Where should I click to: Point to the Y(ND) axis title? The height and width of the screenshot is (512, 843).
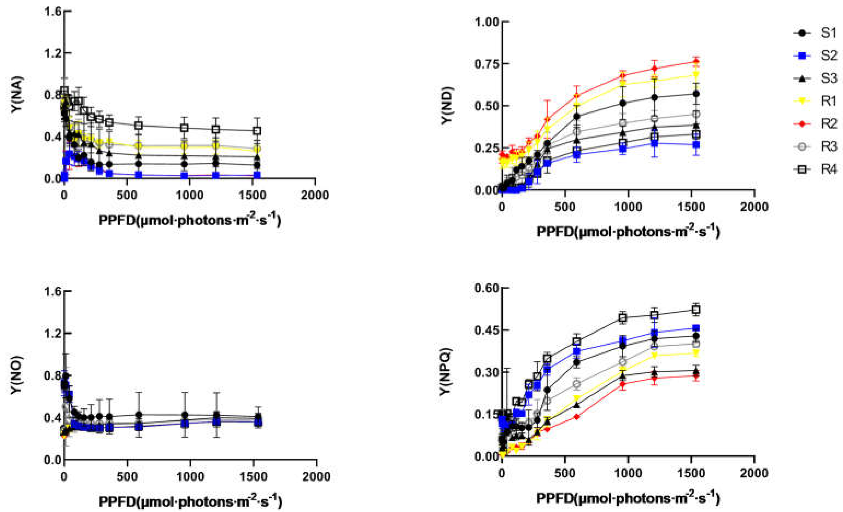(446, 106)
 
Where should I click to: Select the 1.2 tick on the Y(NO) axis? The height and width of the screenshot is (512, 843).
(53, 333)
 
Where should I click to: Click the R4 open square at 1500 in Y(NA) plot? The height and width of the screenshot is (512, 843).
(257, 130)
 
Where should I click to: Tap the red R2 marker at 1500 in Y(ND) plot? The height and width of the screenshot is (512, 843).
(696, 62)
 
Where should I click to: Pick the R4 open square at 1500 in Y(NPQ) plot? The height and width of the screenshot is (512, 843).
(696, 310)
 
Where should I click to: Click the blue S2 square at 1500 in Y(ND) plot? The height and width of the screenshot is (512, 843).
(696, 145)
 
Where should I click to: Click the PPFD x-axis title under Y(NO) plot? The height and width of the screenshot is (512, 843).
(190, 502)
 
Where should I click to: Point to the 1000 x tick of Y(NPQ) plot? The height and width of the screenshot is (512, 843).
(628, 473)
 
